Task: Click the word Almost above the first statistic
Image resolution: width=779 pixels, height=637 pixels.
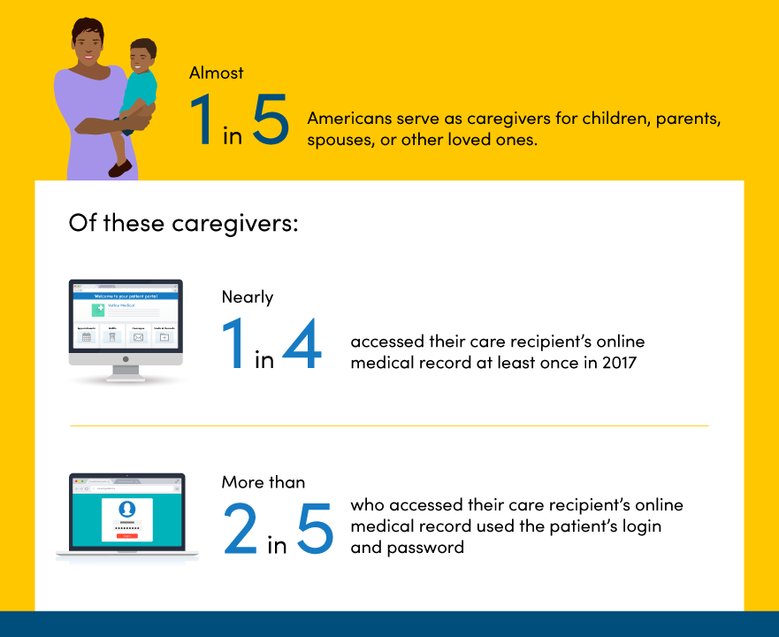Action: coord(217,74)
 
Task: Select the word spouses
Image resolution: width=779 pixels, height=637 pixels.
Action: coord(337,140)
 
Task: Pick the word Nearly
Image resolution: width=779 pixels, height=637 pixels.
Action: coord(248,297)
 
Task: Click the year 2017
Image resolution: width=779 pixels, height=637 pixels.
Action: coord(618,363)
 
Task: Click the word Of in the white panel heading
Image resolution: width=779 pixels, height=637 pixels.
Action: coord(82,222)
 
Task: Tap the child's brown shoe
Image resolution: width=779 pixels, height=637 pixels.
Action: coord(119,167)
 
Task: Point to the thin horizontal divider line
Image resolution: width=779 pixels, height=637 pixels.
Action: coord(389,426)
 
